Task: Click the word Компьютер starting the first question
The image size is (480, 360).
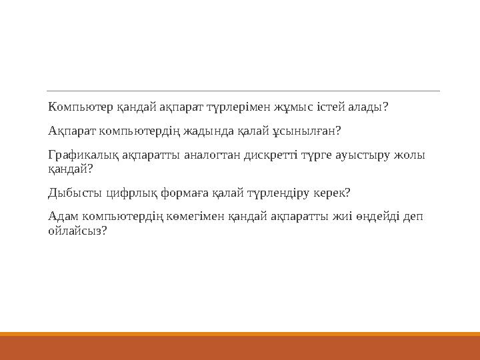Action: [x=81, y=107]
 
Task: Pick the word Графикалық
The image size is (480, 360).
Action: [x=83, y=155]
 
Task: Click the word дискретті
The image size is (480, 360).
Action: [x=271, y=155]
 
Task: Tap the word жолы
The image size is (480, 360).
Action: [x=409, y=155]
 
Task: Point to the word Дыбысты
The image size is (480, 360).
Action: [x=75, y=193]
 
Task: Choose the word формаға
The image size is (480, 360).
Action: [x=185, y=193]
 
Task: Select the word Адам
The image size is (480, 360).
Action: [x=63, y=217]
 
